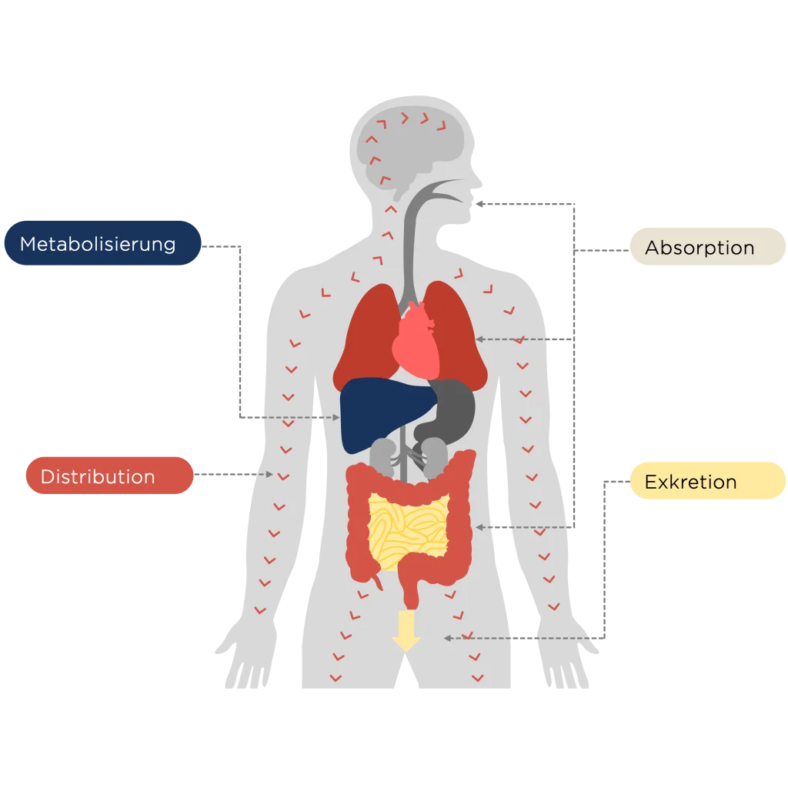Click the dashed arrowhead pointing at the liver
[x=336, y=418]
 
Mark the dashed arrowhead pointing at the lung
[x=479, y=339]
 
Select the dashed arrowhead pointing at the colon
[x=479, y=527]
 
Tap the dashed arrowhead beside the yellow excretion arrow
[x=447, y=638]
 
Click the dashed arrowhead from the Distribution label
[x=269, y=475]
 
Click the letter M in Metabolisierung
[x=28, y=245]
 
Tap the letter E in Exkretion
[x=651, y=482]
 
